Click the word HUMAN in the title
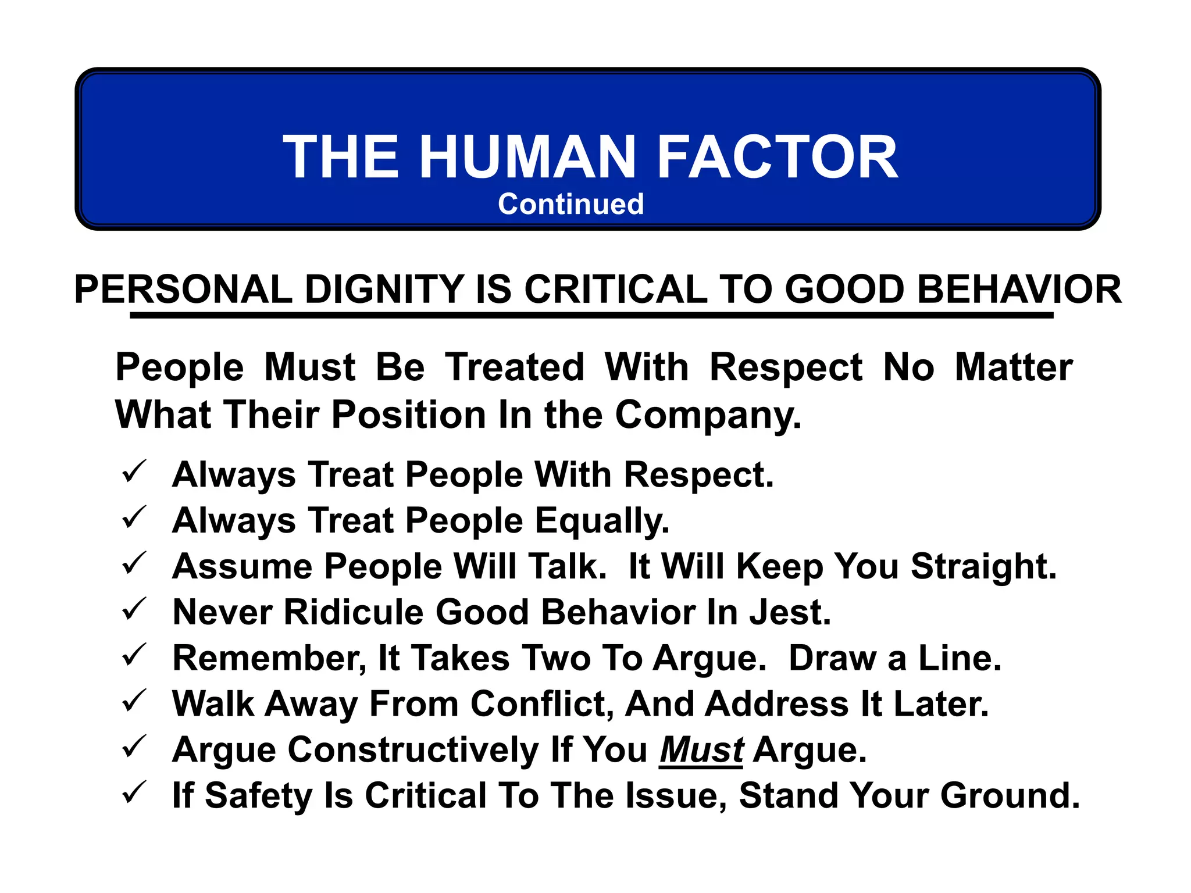pos(527,157)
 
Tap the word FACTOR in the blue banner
pos(778,157)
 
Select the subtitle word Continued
pos(570,204)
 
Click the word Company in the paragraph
pos(708,415)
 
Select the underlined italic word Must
pos(701,749)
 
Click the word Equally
pos(602,520)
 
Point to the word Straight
pos(983,566)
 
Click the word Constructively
pos(413,749)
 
